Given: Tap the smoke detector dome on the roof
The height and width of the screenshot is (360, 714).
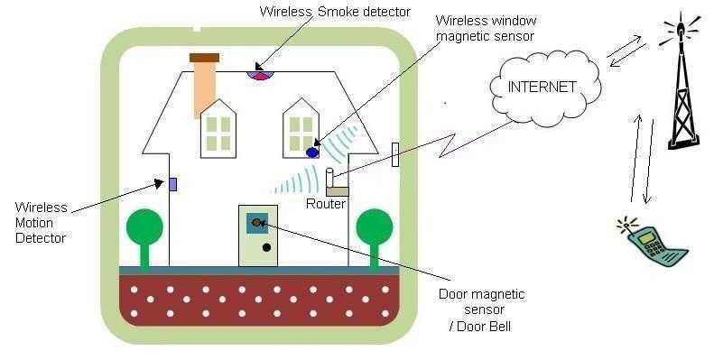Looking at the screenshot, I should point(259,71).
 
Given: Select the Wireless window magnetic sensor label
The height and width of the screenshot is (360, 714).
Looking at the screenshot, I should point(485,27).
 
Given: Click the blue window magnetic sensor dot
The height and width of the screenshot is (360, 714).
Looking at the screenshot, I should point(312,152).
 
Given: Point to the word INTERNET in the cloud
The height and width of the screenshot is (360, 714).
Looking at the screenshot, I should point(543,88).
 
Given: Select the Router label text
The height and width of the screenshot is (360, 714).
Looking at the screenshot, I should point(325,204).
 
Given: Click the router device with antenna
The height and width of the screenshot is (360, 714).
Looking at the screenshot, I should point(336,184).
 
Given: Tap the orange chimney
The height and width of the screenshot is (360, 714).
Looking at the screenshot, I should point(204,90).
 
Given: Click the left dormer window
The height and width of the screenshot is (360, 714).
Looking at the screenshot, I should point(218,128).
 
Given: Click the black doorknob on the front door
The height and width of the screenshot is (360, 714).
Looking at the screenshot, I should point(266,247).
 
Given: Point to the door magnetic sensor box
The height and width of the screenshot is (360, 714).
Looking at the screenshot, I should point(258,222).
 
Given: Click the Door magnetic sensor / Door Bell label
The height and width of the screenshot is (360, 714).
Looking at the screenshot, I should point(481,309).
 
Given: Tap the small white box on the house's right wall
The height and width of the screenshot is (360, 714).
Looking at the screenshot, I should point(395,154).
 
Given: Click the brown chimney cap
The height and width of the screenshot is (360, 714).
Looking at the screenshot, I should point(204,58).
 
